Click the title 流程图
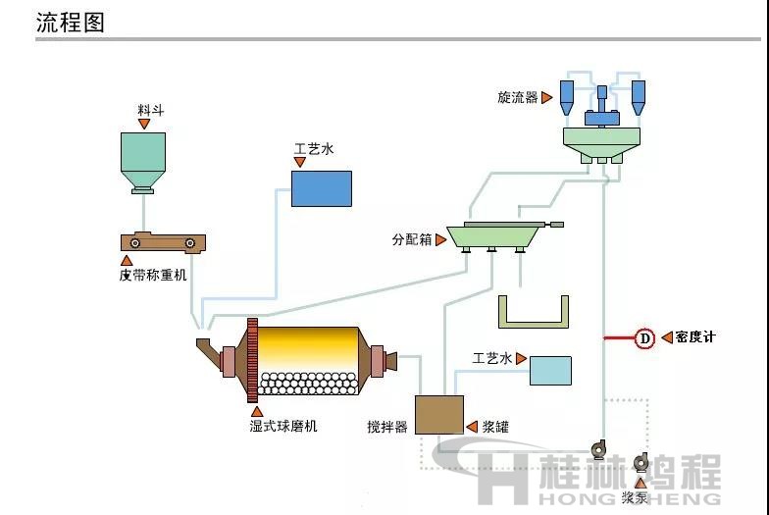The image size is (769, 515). (70, 23)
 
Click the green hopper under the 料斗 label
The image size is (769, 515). (141, 158)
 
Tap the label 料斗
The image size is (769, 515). (151, 110)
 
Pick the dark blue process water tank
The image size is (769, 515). (322, 187)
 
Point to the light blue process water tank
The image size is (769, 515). (550, 370)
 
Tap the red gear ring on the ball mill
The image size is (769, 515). (251, 360)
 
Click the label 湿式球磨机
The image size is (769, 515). (283, 426)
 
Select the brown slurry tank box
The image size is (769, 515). (438, 414)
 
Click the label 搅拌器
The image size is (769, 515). (386, 427)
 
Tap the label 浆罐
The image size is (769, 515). (495, 427)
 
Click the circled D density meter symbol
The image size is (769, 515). (644, 338)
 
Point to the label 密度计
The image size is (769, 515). (696, 337)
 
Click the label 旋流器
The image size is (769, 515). (518, 97)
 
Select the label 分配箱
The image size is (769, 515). (412, 238)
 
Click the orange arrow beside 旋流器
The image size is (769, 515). (547, 97)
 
